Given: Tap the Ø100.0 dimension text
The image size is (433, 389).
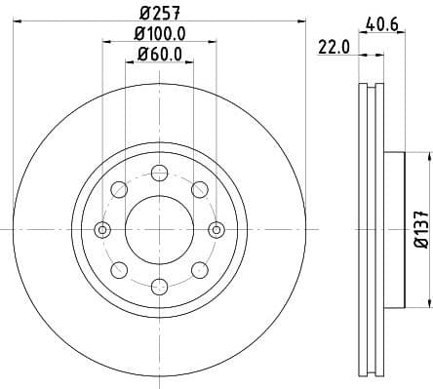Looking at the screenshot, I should pyautogui.click(x=160, y=34).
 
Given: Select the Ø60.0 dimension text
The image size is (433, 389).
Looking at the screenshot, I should pyautogui.click(x=160, y=55).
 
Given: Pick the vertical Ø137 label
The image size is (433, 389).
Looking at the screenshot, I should pyautogui.click(x=415, y=229).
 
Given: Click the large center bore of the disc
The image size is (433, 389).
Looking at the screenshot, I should pyautogui.click(x=159, y=229).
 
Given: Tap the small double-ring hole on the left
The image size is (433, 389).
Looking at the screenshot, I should pyautogui.click(x=102, y=229).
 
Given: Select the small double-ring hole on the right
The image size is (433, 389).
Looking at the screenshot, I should pyautogui.click(x=216, y=229).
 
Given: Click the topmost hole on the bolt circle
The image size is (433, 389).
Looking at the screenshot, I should pyautogui.click(x=159, y=173).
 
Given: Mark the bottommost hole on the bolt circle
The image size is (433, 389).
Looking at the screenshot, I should pyautogui.click(x=159, y=286).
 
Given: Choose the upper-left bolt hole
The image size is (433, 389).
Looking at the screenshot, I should pyautogui.click(x=119, y=189).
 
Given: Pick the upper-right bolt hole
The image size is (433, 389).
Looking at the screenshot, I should pyautogui.click(x=199, y=189).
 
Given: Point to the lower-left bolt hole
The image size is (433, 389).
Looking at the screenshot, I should pyautogui.click(x=119, y=269).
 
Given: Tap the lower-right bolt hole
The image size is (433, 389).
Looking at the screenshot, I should pyautogui.click(x=199, y=269).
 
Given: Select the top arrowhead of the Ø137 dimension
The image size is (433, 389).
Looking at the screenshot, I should pyautogui.click(x=426, y=156).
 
